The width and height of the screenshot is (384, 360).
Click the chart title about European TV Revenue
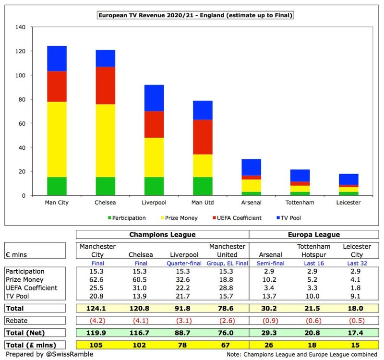coord(195,15)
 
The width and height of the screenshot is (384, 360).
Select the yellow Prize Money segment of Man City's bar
coord(57,139)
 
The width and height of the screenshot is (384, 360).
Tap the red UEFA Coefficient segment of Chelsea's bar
coord(105,85)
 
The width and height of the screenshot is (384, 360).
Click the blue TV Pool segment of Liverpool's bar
coord(154,98)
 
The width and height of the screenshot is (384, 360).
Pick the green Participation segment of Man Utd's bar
coord(203,186)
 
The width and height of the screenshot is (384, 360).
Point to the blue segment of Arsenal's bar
coord(251,167)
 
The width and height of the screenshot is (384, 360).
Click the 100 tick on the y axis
coord(20,75)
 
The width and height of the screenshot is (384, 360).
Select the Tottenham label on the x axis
coord(300,203)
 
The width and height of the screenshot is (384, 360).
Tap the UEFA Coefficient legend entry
coord(237,218)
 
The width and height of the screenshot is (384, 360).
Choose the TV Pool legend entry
coord(289,218)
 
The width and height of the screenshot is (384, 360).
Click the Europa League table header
coord(314,235)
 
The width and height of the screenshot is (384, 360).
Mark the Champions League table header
coord(162,235)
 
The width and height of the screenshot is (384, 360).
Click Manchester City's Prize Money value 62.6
coord(96,280)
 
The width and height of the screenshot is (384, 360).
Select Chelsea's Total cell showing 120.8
coord(139,308)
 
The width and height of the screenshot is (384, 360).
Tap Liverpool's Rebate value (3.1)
coord(184,321)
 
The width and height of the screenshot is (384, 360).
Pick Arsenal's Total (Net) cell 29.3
coord(269,333)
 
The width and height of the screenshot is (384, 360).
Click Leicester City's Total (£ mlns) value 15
coord(355,345)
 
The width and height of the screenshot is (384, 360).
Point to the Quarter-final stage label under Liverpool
coord(184,263)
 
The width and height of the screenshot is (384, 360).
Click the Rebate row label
coord(17,321)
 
